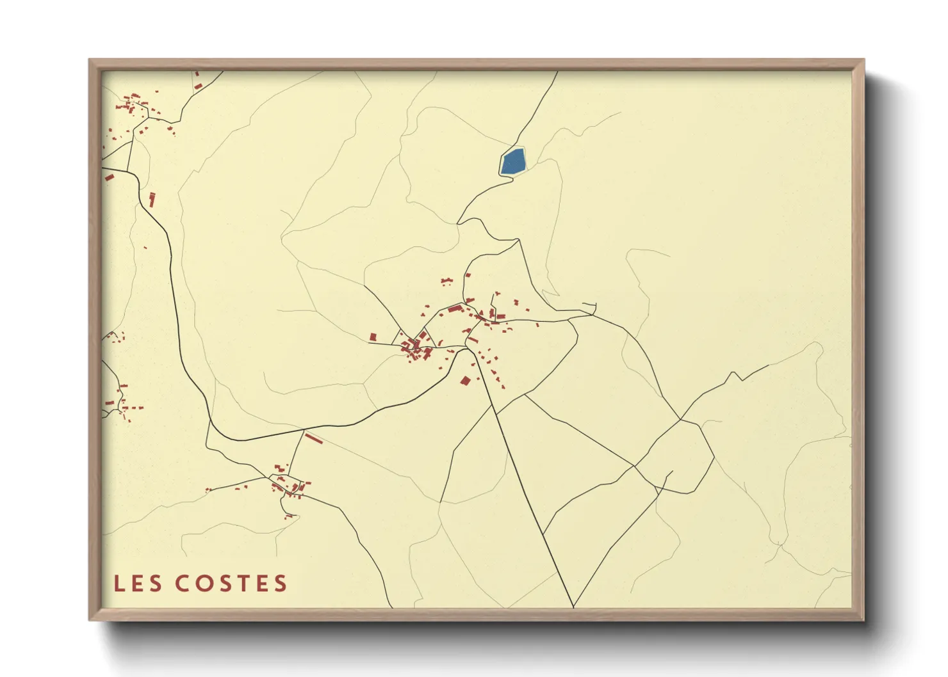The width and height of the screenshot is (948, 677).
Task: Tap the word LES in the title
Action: pos(137,584)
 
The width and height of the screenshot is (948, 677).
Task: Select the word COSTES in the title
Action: pos(231,584)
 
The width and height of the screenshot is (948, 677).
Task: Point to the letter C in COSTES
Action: pos(182,584)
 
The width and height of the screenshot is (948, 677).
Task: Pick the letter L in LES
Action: pos(118,584)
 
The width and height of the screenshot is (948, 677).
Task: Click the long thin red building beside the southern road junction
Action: pos(313,439)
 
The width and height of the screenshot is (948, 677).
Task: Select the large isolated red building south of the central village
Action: pos(466,381)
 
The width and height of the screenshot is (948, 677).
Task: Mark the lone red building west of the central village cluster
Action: pos(373,337)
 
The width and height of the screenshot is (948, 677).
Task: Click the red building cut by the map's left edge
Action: pos(109,177)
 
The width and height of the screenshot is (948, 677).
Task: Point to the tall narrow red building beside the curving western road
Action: pos(152,199)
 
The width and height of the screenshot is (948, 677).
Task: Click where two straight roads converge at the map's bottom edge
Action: pos(573,606)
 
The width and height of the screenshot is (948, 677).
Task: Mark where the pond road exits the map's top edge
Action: pos(557,72)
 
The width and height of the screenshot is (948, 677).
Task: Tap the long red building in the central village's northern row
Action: pos(455,308)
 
